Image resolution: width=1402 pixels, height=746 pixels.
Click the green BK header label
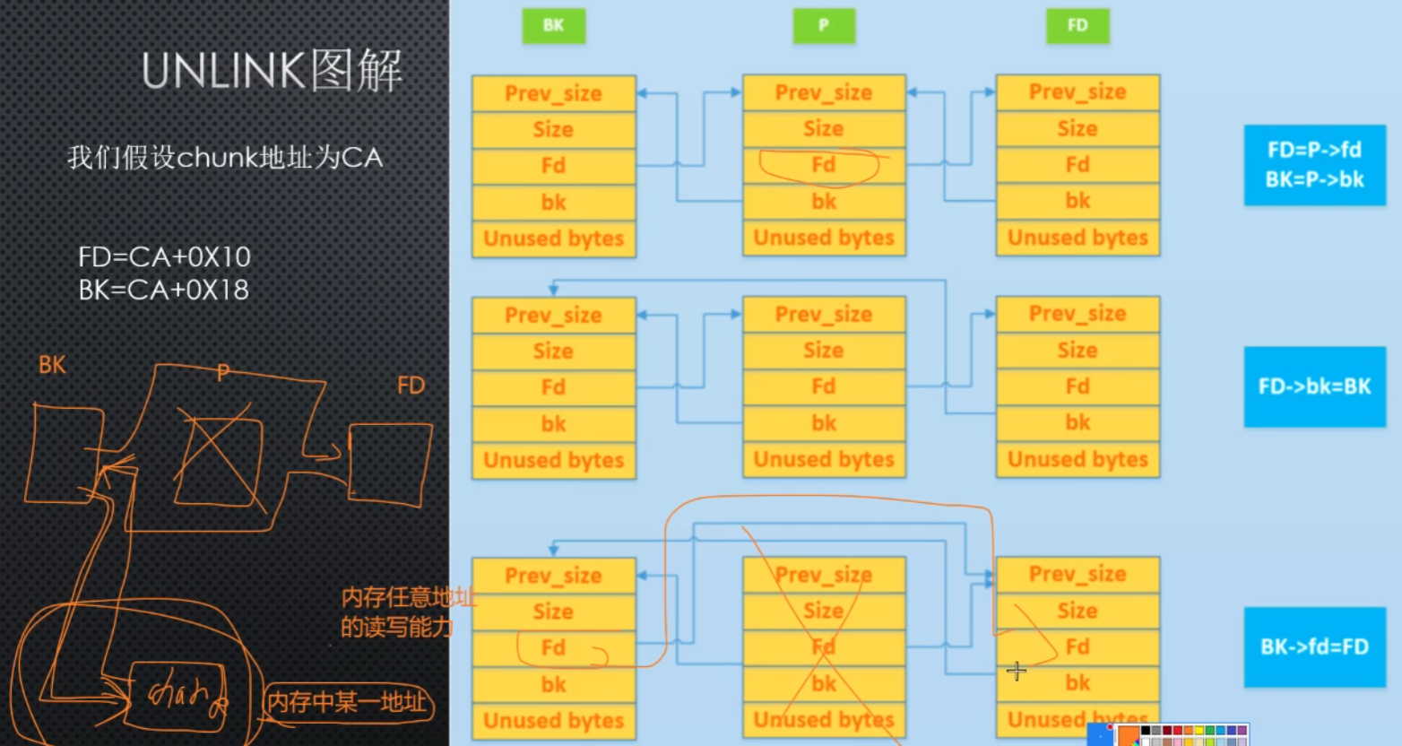553,26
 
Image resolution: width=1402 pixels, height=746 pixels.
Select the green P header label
824,26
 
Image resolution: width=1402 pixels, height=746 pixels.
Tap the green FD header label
1077,26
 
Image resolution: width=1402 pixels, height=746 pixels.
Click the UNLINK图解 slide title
272,71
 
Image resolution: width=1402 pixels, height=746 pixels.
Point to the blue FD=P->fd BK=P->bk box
1314,165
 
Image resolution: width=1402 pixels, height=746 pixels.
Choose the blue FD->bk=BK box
1314,386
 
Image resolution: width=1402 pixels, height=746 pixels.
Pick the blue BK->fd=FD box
1314,646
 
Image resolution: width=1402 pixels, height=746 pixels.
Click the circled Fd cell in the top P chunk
823,165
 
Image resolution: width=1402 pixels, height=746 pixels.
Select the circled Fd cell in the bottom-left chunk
553,647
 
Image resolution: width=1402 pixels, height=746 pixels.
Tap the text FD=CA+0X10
164,257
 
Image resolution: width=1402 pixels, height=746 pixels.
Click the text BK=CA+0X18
164,290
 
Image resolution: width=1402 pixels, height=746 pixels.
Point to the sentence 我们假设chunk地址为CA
225,159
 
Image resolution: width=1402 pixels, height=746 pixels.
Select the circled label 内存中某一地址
347,701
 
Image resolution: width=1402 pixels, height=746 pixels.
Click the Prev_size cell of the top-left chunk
553,93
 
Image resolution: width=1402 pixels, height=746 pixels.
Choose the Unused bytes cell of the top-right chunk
1077,238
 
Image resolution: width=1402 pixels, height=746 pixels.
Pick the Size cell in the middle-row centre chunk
823,351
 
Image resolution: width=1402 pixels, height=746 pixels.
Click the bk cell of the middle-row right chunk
1077,422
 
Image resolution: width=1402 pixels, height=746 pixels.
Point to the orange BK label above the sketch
52,365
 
